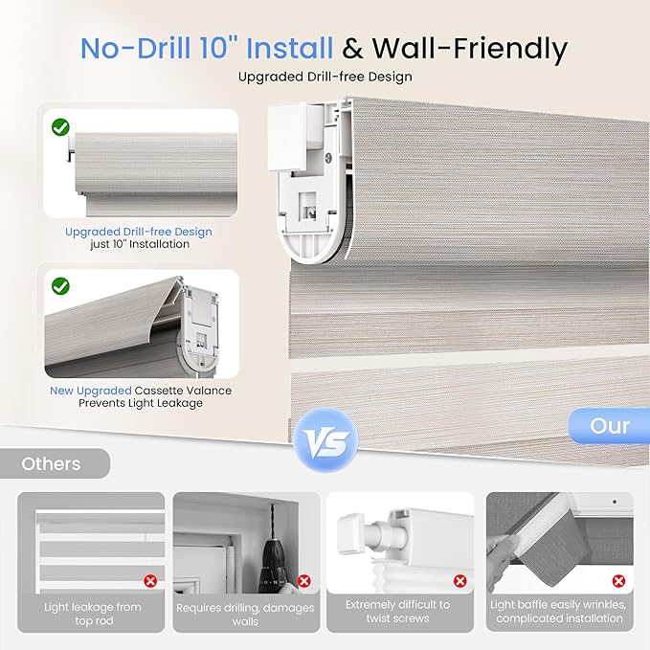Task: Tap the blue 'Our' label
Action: pyautogui.click(x=609, y=425)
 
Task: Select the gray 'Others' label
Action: pyautogui.click(x=52, y=463)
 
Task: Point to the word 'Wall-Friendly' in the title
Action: pyautogui.click(x=469, y=47)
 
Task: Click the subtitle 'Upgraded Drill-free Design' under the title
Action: pyautogui.click(x=325, y=76)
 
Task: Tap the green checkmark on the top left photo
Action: pyautogui.click(x=59, y=126)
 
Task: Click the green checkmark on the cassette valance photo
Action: pyautogui.click(x=59, y=285)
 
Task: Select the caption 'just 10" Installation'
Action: pyautogui.click(x=139, y=245)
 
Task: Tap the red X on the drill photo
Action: pyautogui.click(x=303, y=580)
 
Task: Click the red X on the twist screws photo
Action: pyautogui.click(x=459, y=580)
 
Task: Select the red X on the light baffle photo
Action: pyautogui.click(x=617, y=580)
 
